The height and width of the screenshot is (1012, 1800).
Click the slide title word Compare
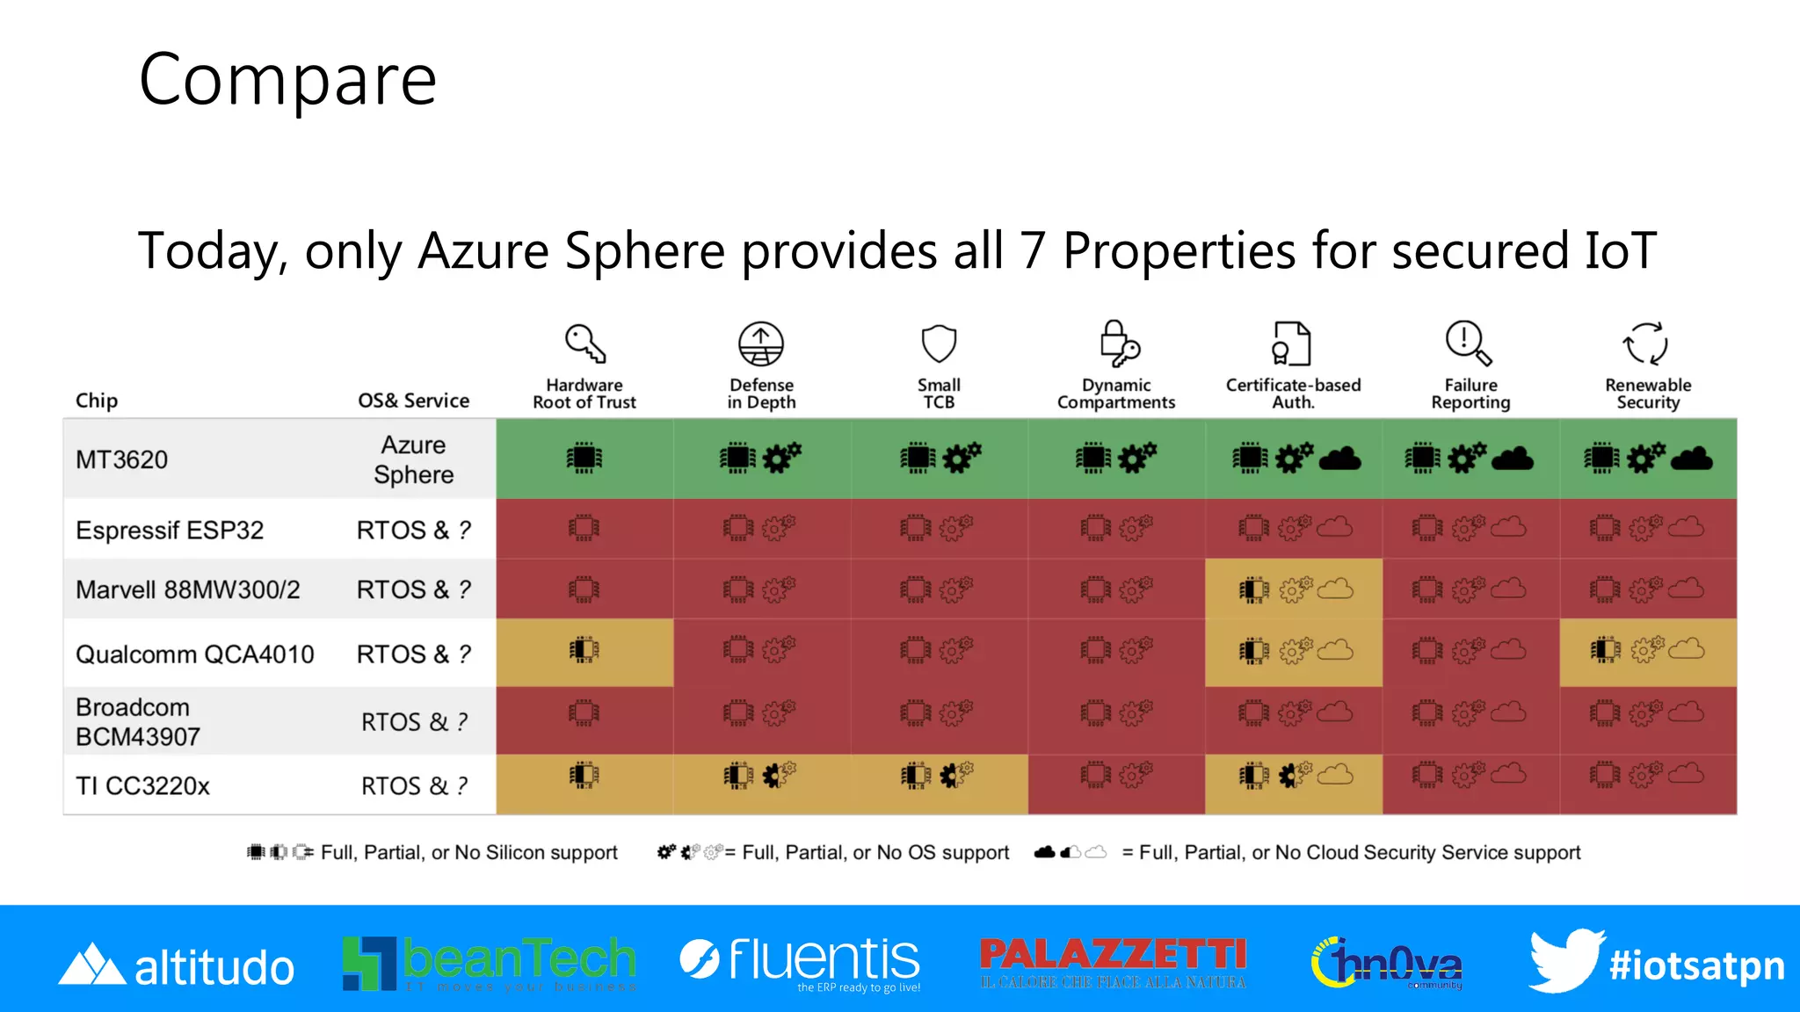pyautogui.click(x=287, y=80)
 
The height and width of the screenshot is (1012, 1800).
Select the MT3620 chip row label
pyautogui.click(x=121, y=459)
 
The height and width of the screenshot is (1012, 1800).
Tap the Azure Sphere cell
pyautogui.click(x=413, y=459)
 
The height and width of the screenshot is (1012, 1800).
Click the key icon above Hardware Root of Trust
pyautogui.click(x=585, y=343)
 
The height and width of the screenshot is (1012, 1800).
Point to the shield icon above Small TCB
pyautogui.click(x=939, y=343)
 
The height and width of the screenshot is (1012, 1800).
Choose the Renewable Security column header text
pyautogui.click(x=1648, y=394)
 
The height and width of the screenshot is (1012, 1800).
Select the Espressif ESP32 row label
pyautogui.click(x=170, y=530)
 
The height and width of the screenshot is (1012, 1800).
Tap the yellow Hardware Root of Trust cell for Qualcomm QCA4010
pyautogui.click(x=584, y=652)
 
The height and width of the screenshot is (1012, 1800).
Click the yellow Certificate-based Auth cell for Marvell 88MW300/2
pyautogui.click(x=1294, y=589)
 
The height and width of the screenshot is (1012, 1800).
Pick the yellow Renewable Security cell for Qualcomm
pyautogui.click(x=1648, y=652)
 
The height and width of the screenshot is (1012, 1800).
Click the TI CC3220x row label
pyautogui.click(x=142, y=785)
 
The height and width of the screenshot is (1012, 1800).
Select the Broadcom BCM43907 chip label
pyautogui.click(x=138, y=722)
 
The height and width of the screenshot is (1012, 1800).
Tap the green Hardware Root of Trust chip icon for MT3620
pyautogui.click(x=584, y=458)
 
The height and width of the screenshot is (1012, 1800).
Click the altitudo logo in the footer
pyautogui.click(x=177, y=965)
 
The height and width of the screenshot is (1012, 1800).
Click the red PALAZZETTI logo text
pyautogui.click(x=1113, y=955)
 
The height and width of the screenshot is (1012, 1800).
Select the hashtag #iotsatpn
pyautogui.click(x=1697, y=965)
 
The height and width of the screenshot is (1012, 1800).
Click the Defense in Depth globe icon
pyautogui.click(x=761, y=343)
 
